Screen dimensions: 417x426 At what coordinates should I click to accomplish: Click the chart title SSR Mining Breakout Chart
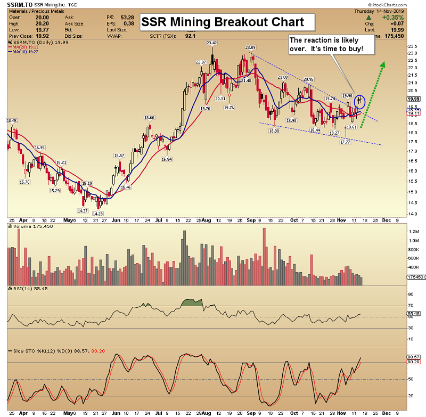coord(223,22)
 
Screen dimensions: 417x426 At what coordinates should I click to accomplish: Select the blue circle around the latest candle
coord(359,100)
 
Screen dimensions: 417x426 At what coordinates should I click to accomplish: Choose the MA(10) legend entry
coord(26,52)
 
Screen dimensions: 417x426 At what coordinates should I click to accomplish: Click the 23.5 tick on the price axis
coord(412,46)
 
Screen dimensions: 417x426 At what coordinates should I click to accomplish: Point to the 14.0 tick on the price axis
coord(412,214)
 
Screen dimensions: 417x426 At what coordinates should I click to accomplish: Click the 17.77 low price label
coord(345,142)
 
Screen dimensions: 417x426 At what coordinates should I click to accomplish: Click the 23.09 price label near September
coord(250,48)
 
